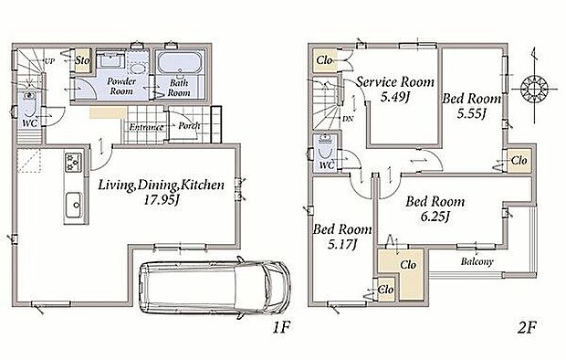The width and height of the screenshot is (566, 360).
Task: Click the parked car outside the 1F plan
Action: click(215, 287)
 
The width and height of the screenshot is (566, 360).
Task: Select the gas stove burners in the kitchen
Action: click(73, 163)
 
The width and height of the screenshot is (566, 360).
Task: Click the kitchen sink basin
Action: click(74, 205)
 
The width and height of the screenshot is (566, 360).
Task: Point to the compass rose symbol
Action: click(534, 88)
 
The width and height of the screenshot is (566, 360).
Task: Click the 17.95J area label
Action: click(162, 199)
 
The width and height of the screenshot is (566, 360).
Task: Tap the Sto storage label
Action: click(82, 60)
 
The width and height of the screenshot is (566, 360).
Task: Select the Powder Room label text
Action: click(121, 86)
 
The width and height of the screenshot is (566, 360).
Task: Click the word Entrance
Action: click(146, 127)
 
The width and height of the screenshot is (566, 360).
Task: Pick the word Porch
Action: click(189, 126)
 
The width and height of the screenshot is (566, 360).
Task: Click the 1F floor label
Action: click(281, 327)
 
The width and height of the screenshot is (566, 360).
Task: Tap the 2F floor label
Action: click(527, 327)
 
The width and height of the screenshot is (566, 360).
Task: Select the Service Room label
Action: click(395, 82)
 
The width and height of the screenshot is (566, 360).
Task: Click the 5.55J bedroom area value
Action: click(471, 114)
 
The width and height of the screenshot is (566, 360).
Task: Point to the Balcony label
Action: click(477, 261)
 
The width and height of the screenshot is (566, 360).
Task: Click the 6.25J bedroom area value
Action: click(435, 217)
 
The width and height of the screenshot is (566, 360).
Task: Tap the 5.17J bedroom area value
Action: click(342, 245)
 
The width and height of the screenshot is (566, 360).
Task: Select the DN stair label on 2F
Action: click(348, 119)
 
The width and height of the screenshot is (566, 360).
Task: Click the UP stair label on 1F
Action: click(49, 61)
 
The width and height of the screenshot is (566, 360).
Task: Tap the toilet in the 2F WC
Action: click(325, 149)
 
